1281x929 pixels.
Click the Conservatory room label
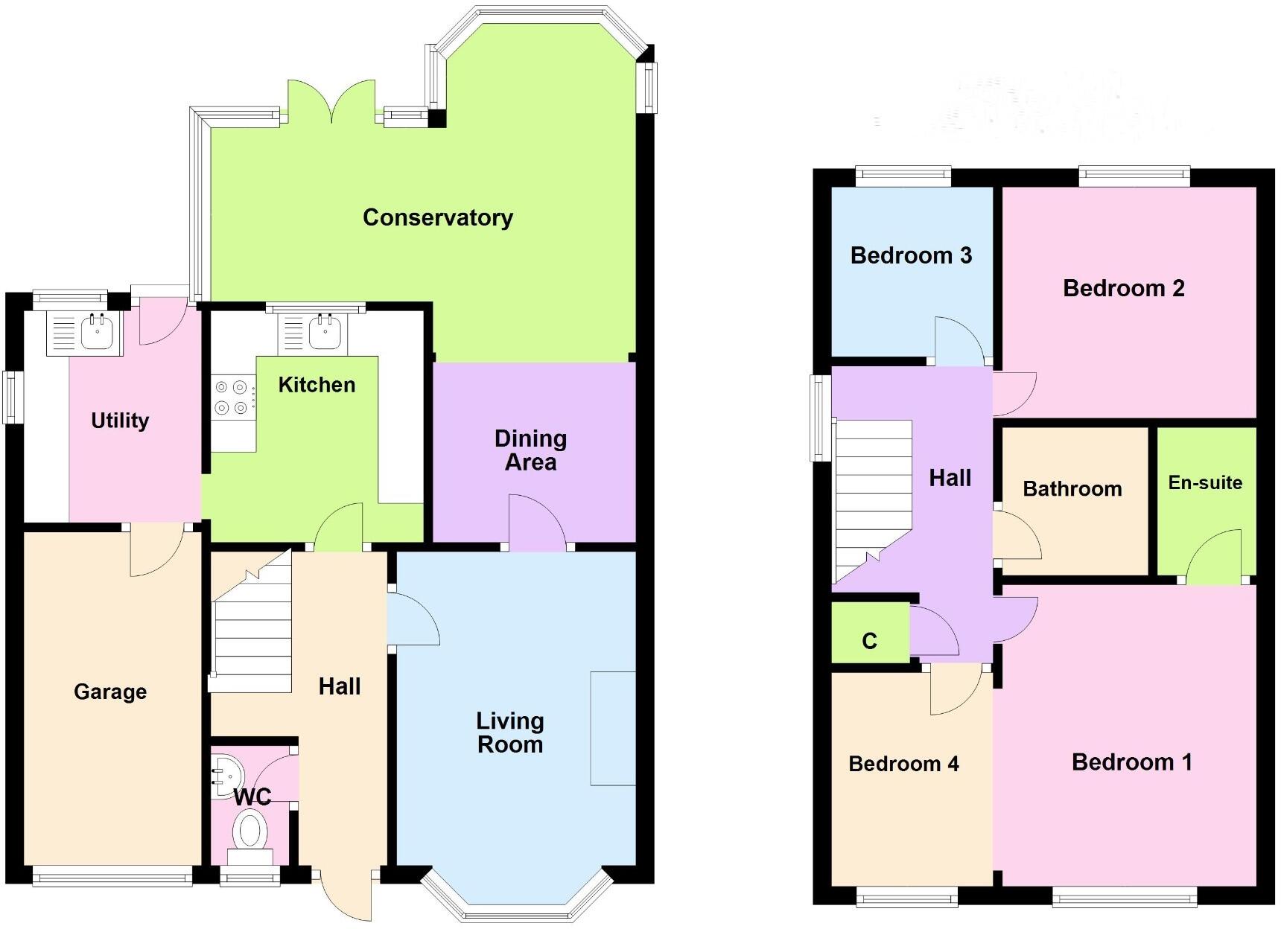click(437, 217)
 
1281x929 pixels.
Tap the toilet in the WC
click(251, 830)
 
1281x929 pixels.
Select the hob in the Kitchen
click(231, 398)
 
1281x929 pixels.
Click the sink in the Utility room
click(95, 331)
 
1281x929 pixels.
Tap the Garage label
click(110, 692)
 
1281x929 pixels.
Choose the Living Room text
click(510, 732)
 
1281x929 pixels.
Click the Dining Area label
click(530, 450)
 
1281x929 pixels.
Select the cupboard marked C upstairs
click(870, 641)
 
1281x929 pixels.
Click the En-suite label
click(1205, 482)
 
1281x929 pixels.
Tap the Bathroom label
click(1072, 488)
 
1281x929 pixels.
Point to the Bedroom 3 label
click(911, 255)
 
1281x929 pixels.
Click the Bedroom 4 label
click(903, 764)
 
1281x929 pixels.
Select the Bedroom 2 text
click(1123, 288)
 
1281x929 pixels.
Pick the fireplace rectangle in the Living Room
click(613, 728)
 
